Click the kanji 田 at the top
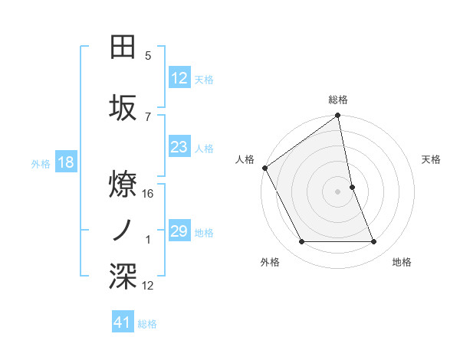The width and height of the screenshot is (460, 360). coord(123,47)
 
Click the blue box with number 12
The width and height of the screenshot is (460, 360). coord(179,77)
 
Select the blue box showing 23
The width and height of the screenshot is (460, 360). coord(179,147)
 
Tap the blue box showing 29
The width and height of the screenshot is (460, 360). coord(179,231)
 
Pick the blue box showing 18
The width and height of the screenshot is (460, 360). coord(65,162)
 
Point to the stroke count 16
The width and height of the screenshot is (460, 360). coord(148,193)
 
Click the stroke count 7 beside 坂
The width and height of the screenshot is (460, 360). coord(148,116)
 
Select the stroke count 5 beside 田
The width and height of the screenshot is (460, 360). coord(148,55)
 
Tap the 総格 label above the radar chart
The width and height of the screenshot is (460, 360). coord(338,100)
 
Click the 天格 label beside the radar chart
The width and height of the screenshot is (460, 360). coord(432,159)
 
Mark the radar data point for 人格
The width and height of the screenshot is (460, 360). coord(264,168)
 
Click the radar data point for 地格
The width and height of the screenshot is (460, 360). coord(374,242)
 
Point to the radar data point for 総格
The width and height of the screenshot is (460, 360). coord(338,116)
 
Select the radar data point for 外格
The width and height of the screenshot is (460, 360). coord(301,242)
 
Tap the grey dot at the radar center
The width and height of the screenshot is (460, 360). coord(338,191)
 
